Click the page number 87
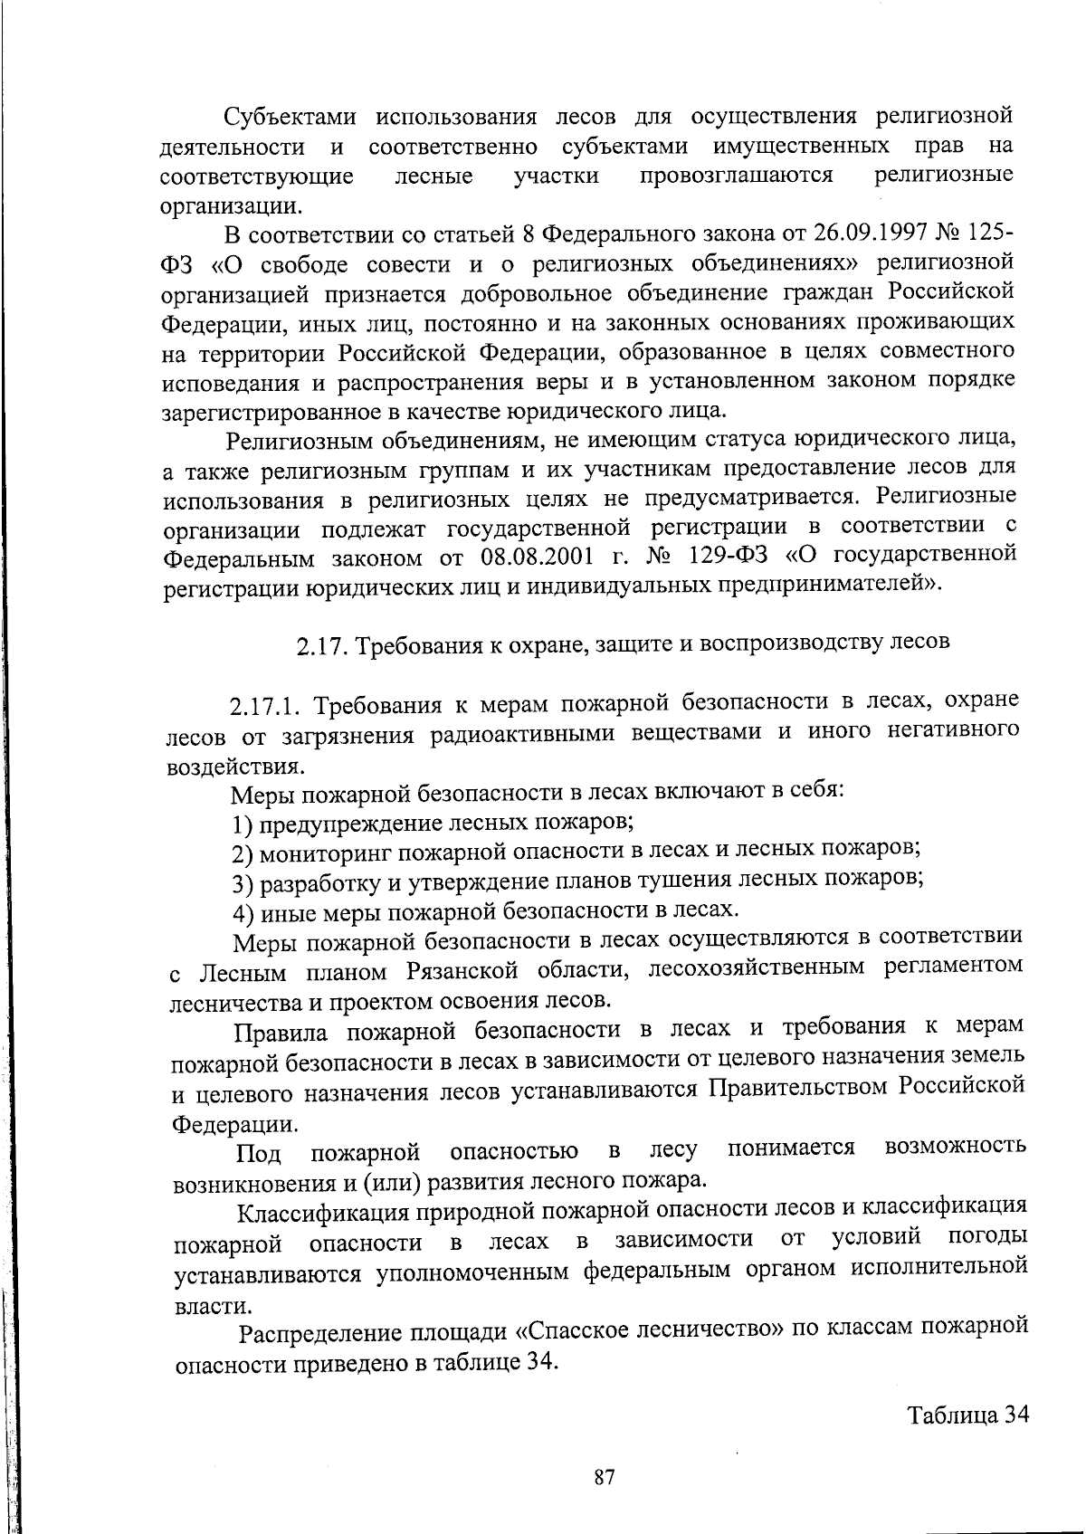click(x=605, y=1479)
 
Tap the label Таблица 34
click(x=969, y=1415)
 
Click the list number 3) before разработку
click(x=242, y=882)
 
